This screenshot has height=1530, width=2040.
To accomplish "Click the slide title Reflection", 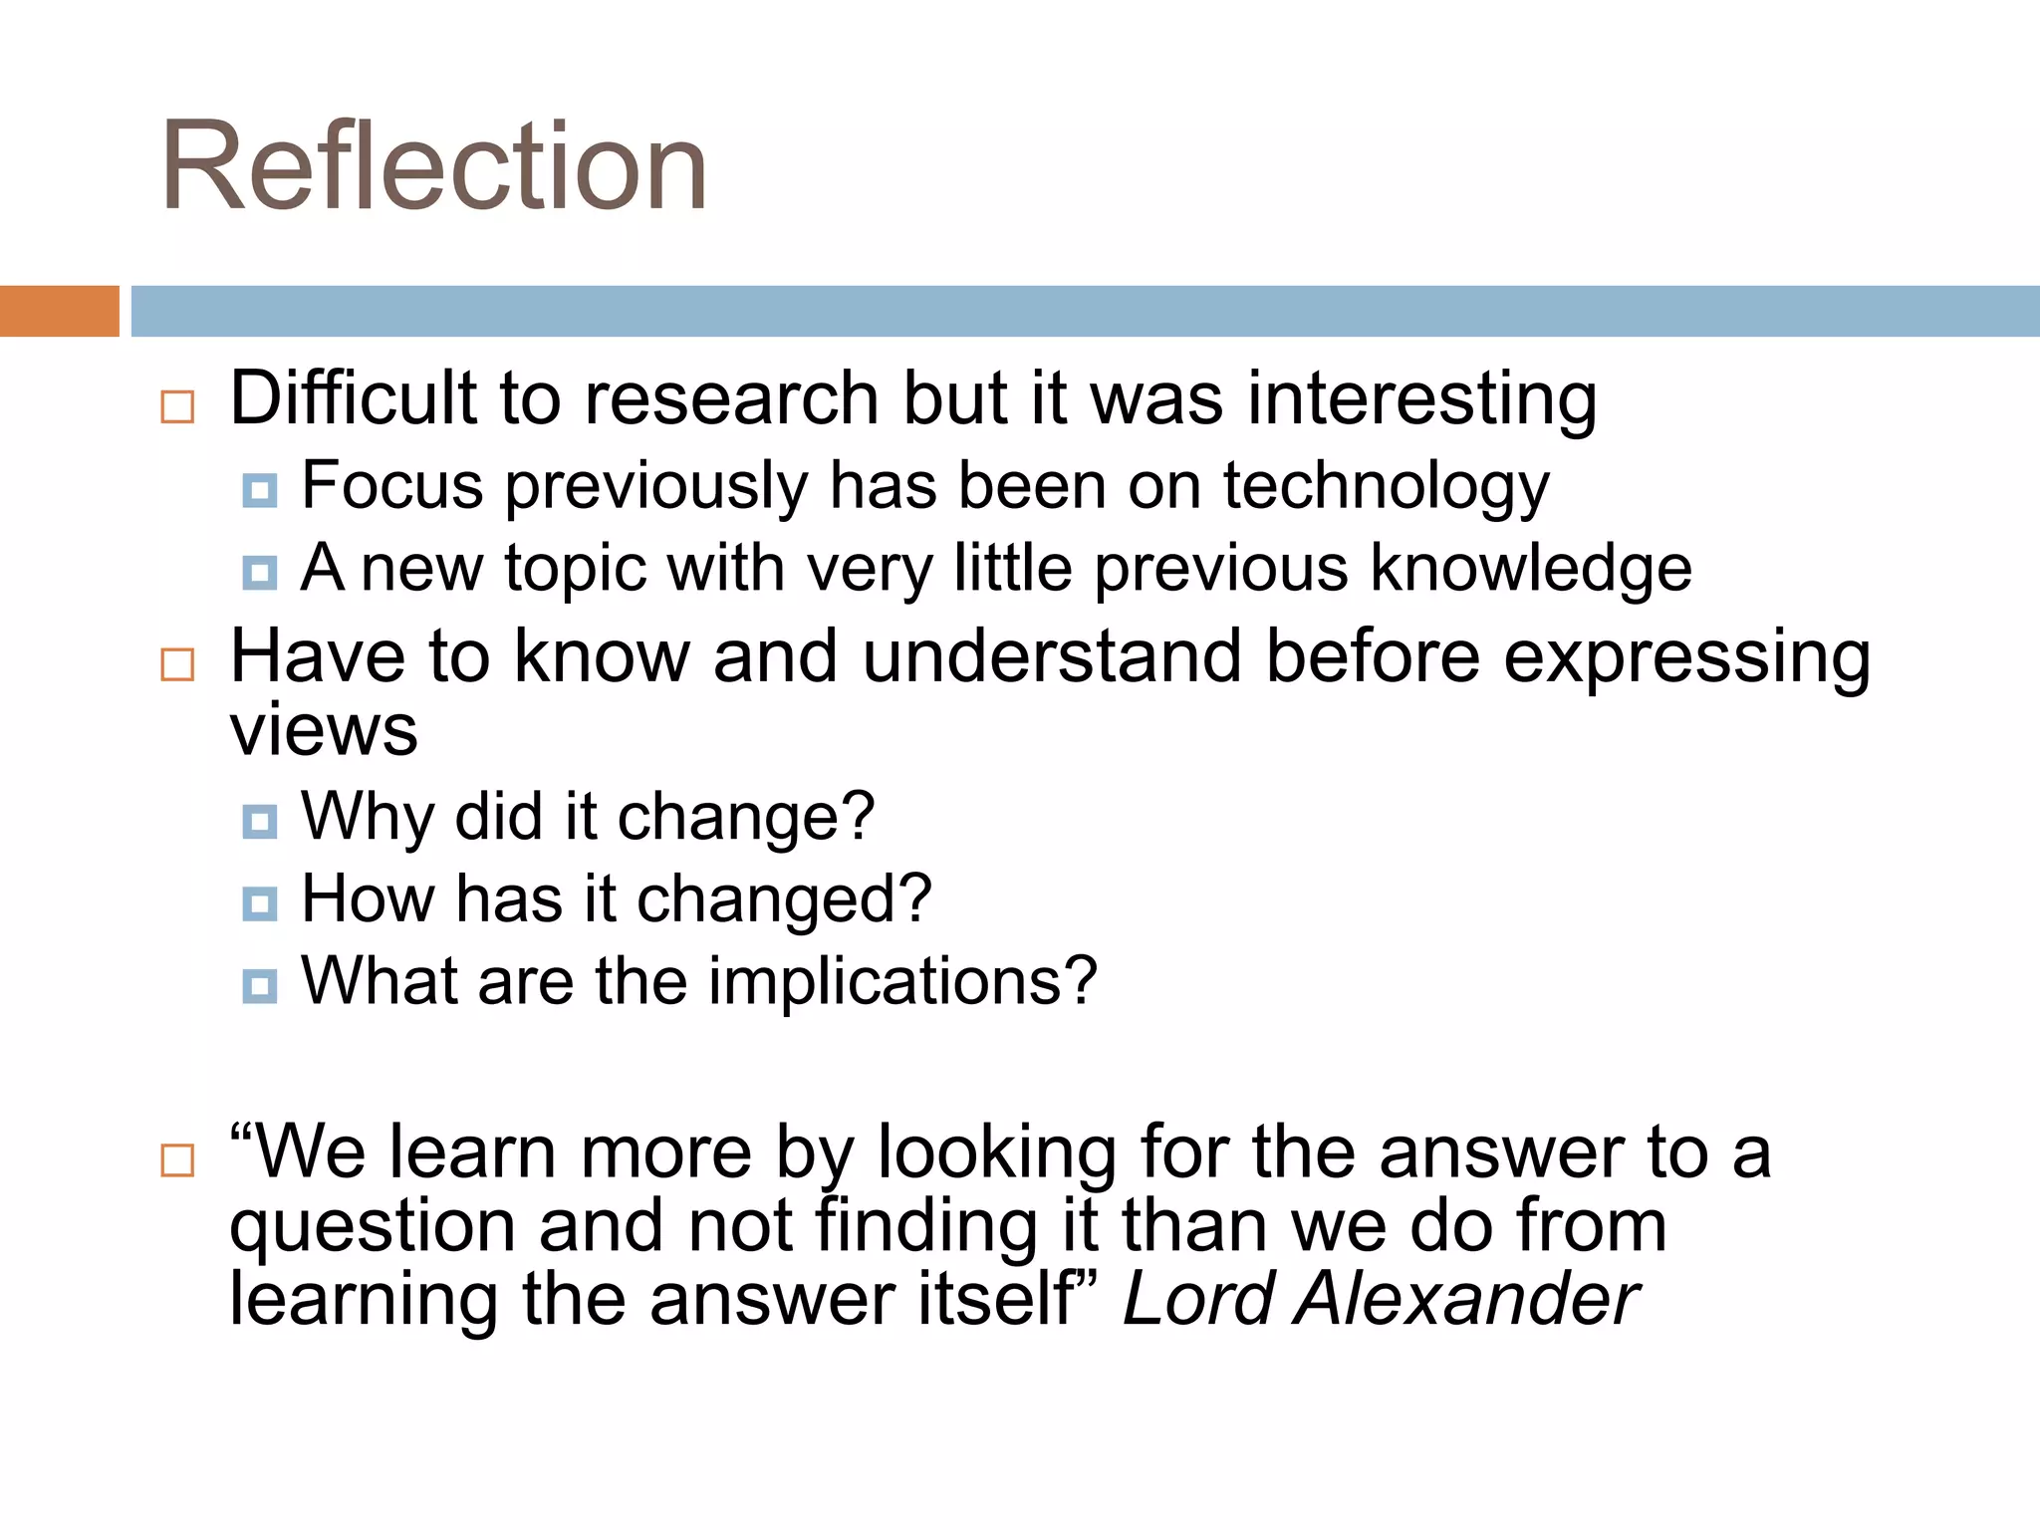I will (434, 166).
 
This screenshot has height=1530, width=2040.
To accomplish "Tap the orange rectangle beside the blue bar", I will (59, 311).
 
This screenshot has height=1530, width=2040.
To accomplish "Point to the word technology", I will (1386, 488).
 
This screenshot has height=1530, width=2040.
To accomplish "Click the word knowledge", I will (1531, 570).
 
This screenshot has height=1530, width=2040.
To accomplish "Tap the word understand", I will (1052, 656).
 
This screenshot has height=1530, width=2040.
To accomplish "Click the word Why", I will (368, 817).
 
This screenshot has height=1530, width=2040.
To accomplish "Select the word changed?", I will (784, 899).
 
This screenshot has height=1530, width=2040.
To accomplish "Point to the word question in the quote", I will (372, 1227).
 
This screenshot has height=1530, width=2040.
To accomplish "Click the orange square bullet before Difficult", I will (177, 406).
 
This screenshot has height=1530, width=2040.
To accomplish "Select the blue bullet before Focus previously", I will (260, 490).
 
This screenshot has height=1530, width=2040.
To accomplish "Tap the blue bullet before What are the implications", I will (260, 986).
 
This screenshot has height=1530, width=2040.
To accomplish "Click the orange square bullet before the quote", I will (177, 1159).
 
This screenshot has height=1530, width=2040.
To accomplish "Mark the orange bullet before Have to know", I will (177, 664).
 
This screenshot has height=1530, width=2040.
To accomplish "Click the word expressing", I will (1686, 658).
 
